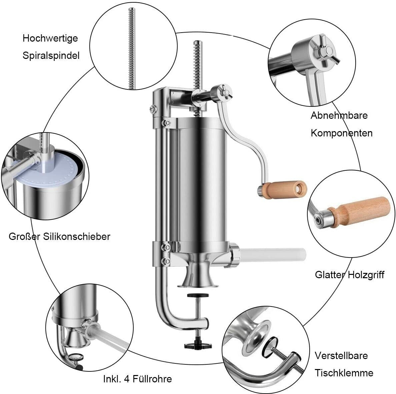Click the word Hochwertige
[x=50, y=39]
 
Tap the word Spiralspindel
[x=51, y=56]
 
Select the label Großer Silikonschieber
[x=60, y=237]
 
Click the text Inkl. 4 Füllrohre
[x=138, y=379]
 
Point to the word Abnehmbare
[x=339, y=115]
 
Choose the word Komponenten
[x=341, y=133]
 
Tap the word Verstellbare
[x=341, y=355]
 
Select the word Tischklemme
[x=344, y=373]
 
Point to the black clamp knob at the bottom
[x=198, y=346]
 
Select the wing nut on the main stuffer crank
[x=225, y=91]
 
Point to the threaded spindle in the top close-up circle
[x=132, y=48]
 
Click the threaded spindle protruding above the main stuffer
[x=198, y=66]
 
